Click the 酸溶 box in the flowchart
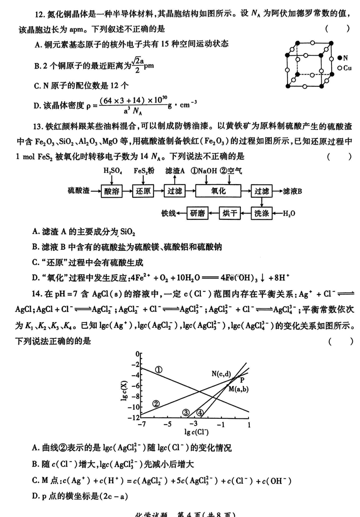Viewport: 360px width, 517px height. tap(112, 191)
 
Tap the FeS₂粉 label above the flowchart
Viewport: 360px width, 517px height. tap(144, 172)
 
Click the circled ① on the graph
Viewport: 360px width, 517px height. tap(158, 369)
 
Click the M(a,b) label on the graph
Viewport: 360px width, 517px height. tap(238, 389)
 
